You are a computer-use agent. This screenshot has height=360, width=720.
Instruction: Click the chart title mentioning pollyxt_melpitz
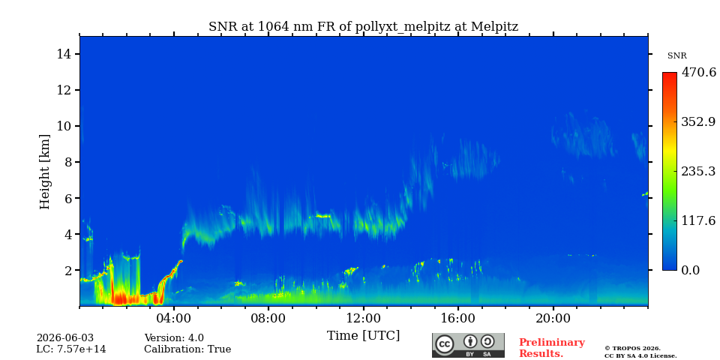363,27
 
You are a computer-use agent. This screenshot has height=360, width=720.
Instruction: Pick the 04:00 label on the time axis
174,319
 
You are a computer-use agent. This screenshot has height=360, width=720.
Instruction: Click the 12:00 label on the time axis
363,319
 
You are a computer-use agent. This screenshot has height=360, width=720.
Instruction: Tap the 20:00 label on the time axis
553,319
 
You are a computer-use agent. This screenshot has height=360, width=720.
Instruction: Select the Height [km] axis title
44,172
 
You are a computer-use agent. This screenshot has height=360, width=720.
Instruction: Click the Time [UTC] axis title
363,335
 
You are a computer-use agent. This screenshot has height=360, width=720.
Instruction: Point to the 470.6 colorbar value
698,73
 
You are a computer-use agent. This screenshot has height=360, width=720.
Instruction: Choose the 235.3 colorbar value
698,171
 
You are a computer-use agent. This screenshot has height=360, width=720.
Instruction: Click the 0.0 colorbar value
690,270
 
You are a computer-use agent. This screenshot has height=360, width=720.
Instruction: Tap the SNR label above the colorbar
676,56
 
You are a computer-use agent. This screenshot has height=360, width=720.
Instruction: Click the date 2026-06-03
65,338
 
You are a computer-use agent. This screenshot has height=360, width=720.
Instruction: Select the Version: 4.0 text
174,338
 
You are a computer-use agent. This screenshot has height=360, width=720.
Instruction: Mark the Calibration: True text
187,349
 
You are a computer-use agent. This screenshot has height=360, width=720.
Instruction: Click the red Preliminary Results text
552,348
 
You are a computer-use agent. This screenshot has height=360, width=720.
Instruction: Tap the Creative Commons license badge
468,345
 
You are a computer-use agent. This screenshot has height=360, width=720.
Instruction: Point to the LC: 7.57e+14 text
71,349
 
